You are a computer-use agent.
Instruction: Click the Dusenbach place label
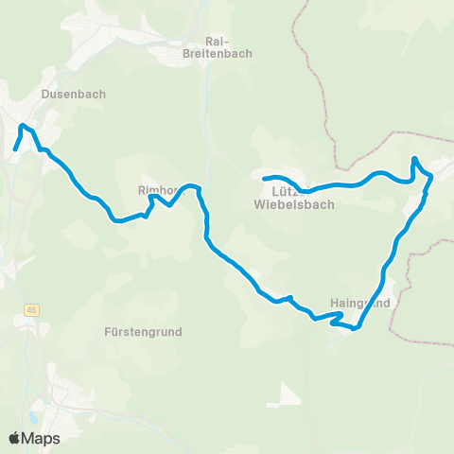(74, 95)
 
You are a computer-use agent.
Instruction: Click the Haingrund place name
(361, 304)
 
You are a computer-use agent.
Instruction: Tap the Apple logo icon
(15, 438)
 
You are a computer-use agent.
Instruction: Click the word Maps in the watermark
(42, 438)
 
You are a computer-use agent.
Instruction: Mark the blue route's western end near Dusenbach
(16, 148)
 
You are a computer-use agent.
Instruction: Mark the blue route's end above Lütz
(264, 178)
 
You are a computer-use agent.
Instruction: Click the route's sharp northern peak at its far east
(414, 158)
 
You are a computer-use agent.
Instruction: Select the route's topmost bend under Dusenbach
(24, 125)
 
